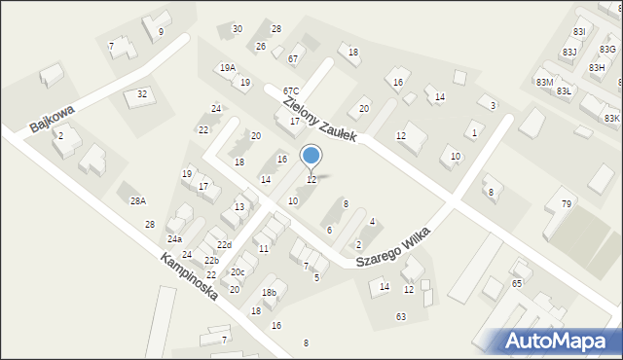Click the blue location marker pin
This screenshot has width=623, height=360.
point(311,156)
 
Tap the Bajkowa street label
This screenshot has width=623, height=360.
point(52,119)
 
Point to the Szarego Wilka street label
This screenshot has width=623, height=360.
point(392,245)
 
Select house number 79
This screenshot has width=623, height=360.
point(566,203)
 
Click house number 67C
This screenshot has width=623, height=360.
point(291,90)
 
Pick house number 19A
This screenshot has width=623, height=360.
point(227,68)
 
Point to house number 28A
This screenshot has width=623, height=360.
point(138,200)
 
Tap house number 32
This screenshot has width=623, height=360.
point(142,94)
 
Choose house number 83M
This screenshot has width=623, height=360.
point(544,83)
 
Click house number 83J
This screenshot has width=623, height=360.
point(569,52)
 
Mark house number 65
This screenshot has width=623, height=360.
point(517,283)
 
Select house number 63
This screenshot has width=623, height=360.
point(400,316)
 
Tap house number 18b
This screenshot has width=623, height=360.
point(270,293)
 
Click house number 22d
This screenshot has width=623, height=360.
point(224,245)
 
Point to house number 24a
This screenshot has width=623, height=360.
point(174,239)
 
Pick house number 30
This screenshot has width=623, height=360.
point(238,29)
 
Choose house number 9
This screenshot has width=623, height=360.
point(161,32)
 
